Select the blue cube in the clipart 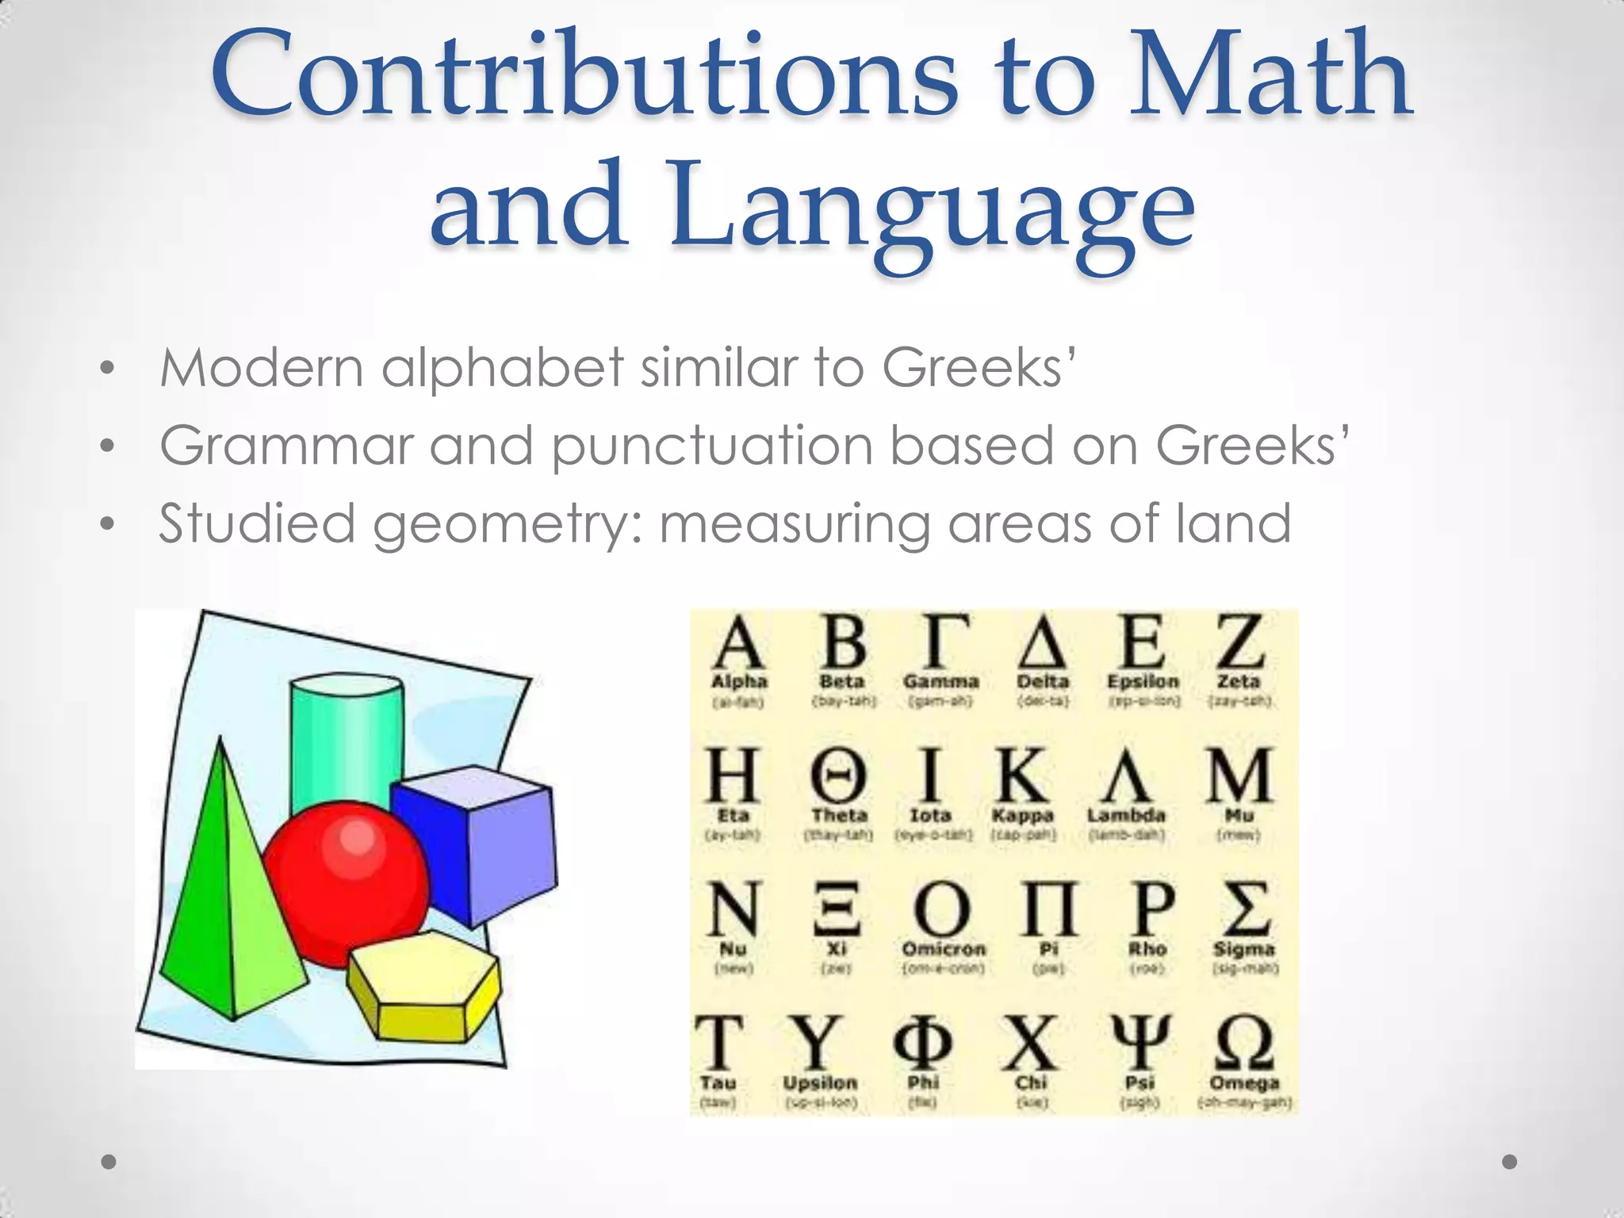tap(476, 841)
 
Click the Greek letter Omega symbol tap(1243, 1043)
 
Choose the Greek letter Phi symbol tap(923, 1043)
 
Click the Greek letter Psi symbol tap(1140, 1043)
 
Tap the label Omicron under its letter tap(944, 949)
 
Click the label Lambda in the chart tap(1126, 815)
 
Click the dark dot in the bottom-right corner tap(1510, 1162)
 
